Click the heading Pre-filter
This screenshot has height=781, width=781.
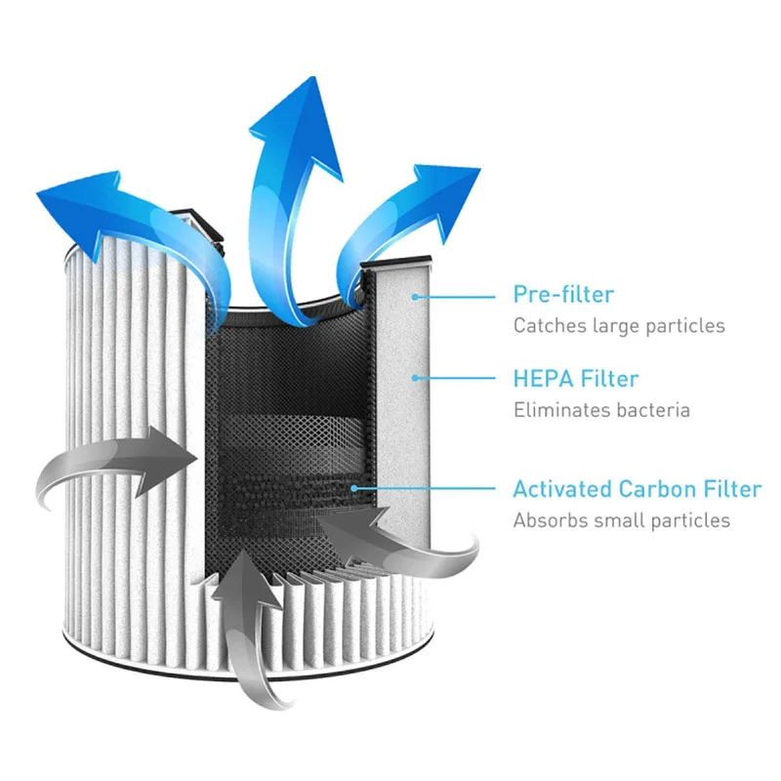point(563,294)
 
